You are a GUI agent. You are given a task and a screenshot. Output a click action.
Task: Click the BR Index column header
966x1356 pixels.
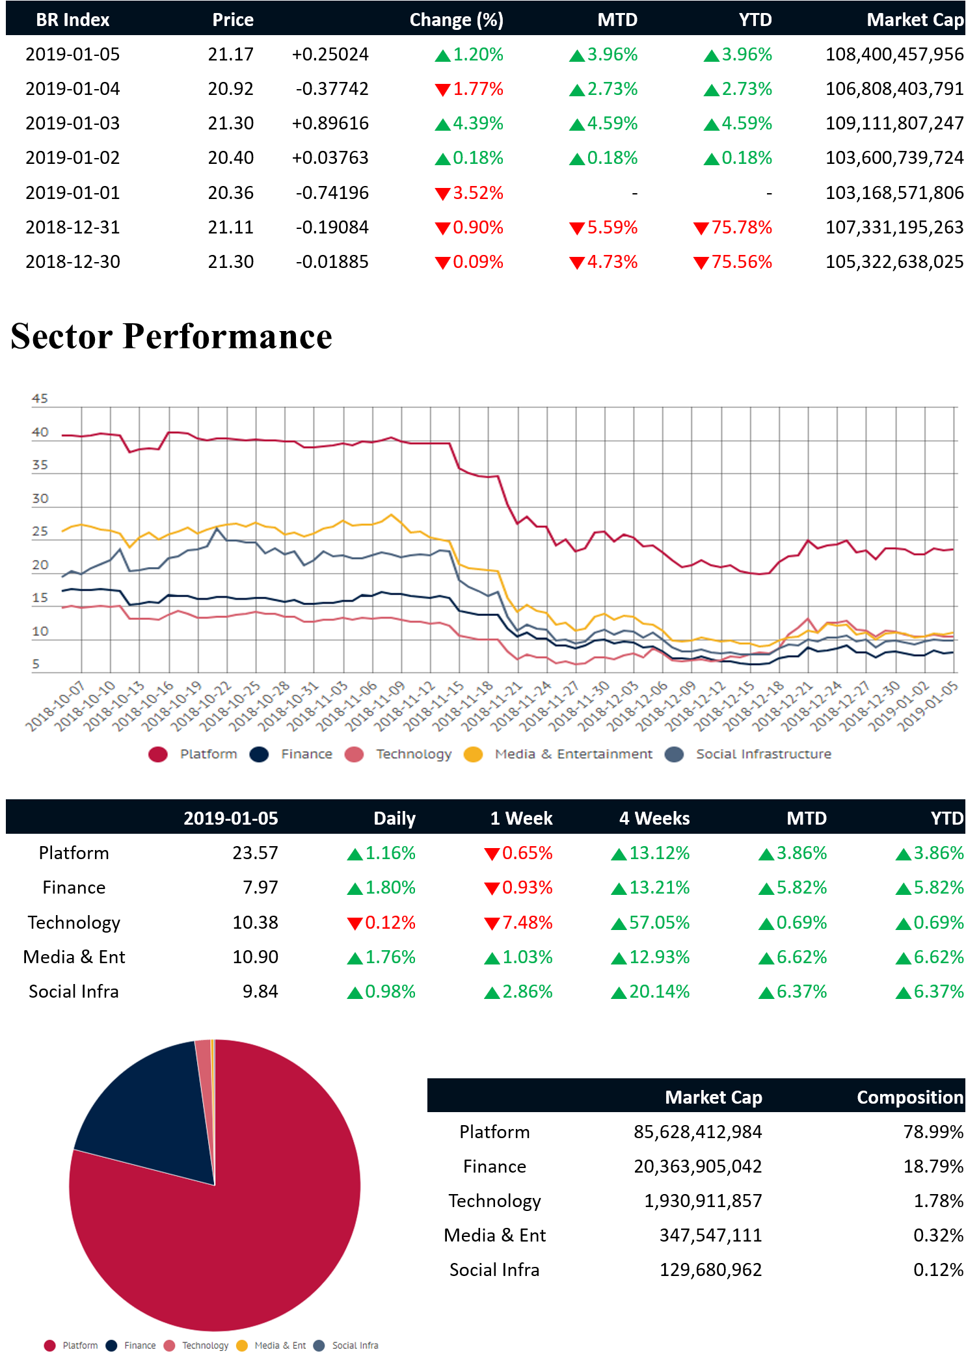click(x=72, y=20)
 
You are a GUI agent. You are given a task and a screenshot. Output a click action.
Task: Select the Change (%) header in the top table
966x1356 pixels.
click(x=456, y=20)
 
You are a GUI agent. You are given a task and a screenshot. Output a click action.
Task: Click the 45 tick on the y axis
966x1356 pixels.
click(x=40, y=399)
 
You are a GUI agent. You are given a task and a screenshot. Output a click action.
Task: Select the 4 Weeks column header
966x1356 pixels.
click(x=654, y=818)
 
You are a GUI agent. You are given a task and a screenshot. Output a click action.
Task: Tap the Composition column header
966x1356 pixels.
click(x=909, y=1097)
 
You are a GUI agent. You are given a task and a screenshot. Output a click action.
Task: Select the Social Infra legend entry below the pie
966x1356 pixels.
click(x=355, y=1346)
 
